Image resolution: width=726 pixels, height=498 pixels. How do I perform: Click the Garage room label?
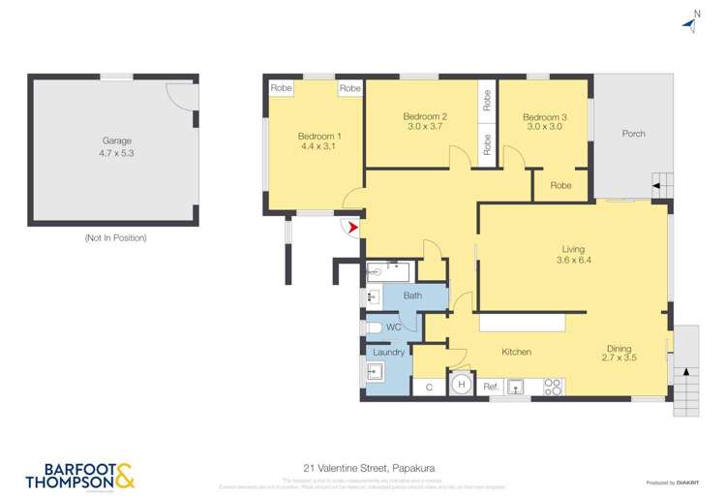(x=116, y=140)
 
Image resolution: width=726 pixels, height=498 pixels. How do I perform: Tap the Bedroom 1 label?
(x=318, y=136)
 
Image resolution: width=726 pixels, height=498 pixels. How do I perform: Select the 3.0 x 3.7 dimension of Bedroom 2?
(x=423, y=127)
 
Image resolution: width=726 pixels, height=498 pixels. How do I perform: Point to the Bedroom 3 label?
(x=546, y=117)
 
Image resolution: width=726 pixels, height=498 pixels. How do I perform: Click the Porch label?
(x=633, y=134)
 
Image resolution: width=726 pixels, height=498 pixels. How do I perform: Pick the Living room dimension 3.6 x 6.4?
(x=573, y=260)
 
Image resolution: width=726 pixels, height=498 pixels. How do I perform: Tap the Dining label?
(x=620, y=349)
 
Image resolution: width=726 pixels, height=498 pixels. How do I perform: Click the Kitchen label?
(x=515, y=352)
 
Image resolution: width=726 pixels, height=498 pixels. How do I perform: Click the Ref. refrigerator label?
(x=490, y=387)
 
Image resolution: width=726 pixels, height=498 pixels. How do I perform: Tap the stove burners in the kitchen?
(x=553, y=386)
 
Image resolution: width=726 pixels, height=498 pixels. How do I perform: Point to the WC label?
(x=393, y=327)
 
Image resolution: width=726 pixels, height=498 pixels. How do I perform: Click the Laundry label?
(x=388, y=352)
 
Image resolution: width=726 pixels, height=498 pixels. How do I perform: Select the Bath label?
(x=412, y=296)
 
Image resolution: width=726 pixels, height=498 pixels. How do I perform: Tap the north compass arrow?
(x=690, y=23)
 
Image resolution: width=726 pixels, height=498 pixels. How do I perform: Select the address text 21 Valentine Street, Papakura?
(x=362, y=467)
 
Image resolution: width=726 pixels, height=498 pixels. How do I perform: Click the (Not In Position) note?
(x=115, y=237)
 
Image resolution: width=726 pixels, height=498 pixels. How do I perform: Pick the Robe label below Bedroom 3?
(x=560, y=185)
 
